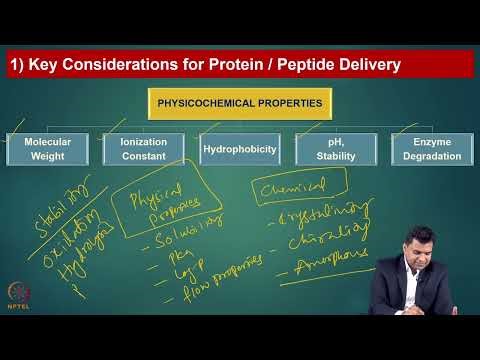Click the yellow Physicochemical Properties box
point(239,103)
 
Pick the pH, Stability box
point(333,149)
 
